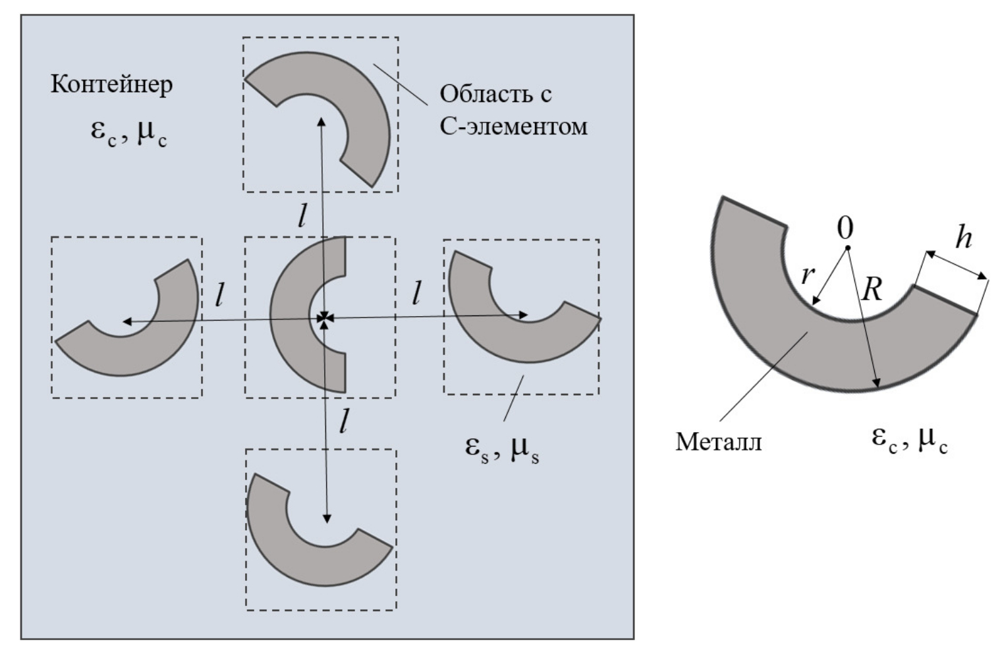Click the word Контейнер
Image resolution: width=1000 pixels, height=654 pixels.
pyautogui.click(x=112, y=84)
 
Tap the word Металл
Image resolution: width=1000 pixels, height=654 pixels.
pyautogui.click(x=718, y=441)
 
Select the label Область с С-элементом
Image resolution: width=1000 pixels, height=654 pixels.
pyautogui.click(x=513, y=109)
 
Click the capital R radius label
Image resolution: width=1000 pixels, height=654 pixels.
pyautogui.click(x=872, y=288)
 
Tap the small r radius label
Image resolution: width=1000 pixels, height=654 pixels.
pyautogui.click(x=808, y=274)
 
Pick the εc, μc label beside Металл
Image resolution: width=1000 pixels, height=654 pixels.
pyautogui.click(x=910, y=438)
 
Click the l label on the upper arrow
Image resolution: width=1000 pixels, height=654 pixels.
pyautogui.click(x=302, y=215)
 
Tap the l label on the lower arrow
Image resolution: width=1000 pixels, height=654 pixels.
pyautogui.click(x=343, y=422)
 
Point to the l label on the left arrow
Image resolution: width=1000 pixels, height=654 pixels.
pyautogui.click(x=219, y=294)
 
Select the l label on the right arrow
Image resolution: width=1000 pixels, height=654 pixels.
pyautogui.click(x=416, y=292)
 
